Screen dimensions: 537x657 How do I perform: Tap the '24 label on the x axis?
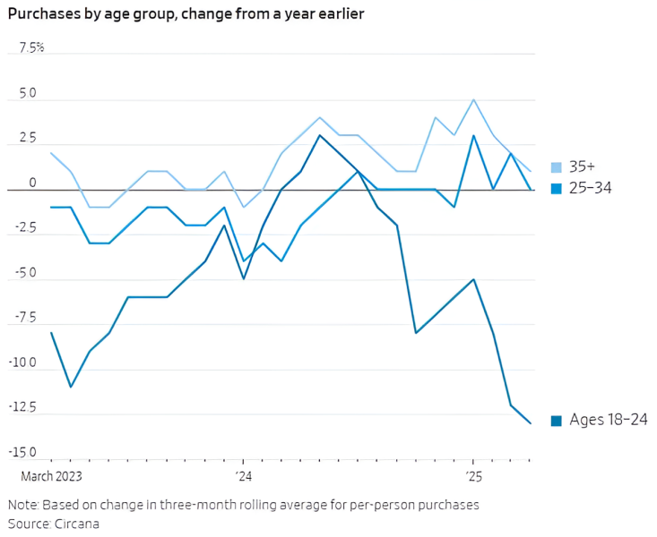tap(243, 475)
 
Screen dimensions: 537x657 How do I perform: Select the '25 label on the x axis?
tap(473, 475)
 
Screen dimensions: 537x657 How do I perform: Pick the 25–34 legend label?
tap(589, 187)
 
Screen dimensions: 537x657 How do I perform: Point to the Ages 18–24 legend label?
tap(608, 420)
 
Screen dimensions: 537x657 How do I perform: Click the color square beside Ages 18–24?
tap(557, 420)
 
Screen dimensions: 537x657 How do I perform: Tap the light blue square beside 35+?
tap(557, 166)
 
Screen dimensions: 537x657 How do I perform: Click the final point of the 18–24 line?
tap(530, 423)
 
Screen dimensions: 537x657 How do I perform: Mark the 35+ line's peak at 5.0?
tap(472, 99)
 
